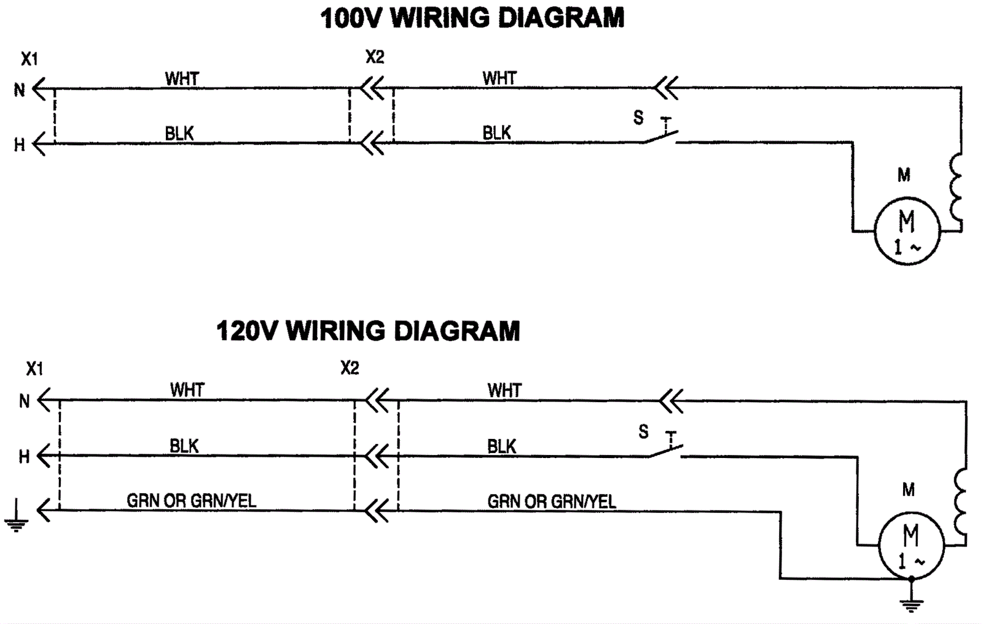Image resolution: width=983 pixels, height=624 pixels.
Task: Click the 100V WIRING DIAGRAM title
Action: [x=472, y=18]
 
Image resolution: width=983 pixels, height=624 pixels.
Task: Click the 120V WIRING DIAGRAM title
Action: [x=368, y=331]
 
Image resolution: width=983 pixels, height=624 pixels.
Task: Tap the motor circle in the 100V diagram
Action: [x=907, y=231]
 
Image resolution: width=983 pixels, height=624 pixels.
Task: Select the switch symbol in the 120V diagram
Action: [x=666, y=448]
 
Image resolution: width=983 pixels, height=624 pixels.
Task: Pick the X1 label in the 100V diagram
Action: [x=29, y=59]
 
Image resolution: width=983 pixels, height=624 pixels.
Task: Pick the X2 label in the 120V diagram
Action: [x=350, y=368]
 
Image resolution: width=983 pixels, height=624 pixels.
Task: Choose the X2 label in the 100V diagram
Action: [x=375, y=57]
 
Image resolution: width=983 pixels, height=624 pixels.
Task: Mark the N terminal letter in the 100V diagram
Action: [x=20, y=90]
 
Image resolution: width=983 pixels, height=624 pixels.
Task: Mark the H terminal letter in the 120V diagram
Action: [x=24, y=457]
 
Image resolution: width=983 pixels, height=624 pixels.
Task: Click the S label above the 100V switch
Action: [x=638, y=117]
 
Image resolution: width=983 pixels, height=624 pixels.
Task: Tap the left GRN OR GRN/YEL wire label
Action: [x=191, y=501]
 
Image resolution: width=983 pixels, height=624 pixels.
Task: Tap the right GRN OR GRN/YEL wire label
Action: [x=552, y=502]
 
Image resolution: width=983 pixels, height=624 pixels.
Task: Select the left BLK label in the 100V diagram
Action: [x=179, y=133]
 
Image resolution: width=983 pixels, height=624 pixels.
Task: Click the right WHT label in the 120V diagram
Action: [x=504, y=390]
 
